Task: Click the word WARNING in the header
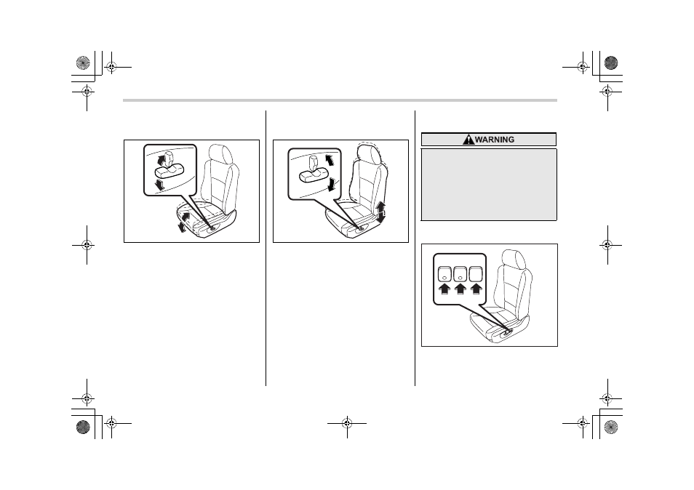(495, 140)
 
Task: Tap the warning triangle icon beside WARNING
(468, 140)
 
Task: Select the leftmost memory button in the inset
(444, 274)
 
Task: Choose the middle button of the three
(460, 274)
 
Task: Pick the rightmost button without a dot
(476, 274)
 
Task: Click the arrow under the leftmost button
(444, 289)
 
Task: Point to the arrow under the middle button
(460, 289)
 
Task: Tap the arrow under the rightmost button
(476, 289)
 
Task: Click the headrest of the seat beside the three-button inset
(514, 260)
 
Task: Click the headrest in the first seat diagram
(220, 154)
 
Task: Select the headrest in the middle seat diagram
(369, 154)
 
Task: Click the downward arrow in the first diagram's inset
(160, 185)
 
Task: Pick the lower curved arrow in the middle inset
(331, 185)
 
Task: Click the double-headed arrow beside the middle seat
(380, 212)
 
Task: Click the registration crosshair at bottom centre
(347, 424)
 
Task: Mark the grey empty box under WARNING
(489, 185)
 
